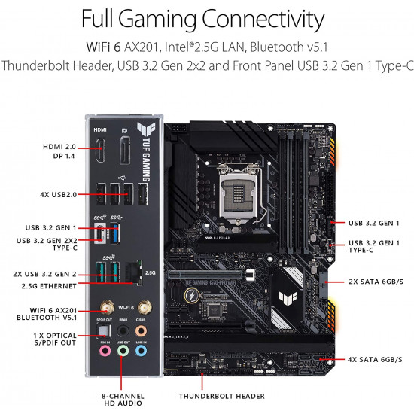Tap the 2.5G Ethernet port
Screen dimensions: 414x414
click(134, 272)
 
